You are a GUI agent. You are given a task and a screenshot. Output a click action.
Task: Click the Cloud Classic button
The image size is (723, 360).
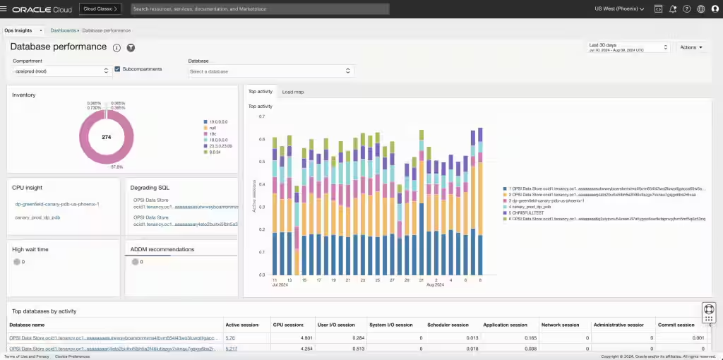point(101,9)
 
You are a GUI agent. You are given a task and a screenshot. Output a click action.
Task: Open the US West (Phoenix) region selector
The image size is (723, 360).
point(619,9)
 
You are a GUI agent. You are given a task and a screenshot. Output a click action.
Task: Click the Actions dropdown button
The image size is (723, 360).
point(691,47)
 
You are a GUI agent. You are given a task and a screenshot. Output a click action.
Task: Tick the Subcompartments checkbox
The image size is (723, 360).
point(117,69)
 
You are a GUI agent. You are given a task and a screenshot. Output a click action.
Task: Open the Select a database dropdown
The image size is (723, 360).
point(270,71)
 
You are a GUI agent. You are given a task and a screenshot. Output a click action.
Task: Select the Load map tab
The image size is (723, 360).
point(292,92)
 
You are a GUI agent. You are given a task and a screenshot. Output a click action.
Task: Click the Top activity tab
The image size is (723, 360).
point(261,92)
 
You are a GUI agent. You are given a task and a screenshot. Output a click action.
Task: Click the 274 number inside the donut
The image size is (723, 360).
point(106,137)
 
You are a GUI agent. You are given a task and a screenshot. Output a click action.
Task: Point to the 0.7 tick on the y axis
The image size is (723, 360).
point(261,116)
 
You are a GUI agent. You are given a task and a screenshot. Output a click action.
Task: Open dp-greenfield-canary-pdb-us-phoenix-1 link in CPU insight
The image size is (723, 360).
point(57,204)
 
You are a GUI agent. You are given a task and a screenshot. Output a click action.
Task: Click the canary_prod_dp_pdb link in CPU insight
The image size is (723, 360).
point(37,217)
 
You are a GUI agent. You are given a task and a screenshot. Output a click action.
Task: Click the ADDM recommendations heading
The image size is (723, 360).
point(162,249)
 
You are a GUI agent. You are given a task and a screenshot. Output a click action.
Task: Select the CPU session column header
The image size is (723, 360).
point(288,325)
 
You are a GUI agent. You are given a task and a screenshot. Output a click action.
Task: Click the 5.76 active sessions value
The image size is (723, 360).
point(230,338)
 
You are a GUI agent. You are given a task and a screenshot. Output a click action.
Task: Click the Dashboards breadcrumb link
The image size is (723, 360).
point(64,31)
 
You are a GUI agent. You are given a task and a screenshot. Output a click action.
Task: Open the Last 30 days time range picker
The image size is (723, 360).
point(628,47)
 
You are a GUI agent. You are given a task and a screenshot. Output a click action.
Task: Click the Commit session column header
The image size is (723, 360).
point(676,325)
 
